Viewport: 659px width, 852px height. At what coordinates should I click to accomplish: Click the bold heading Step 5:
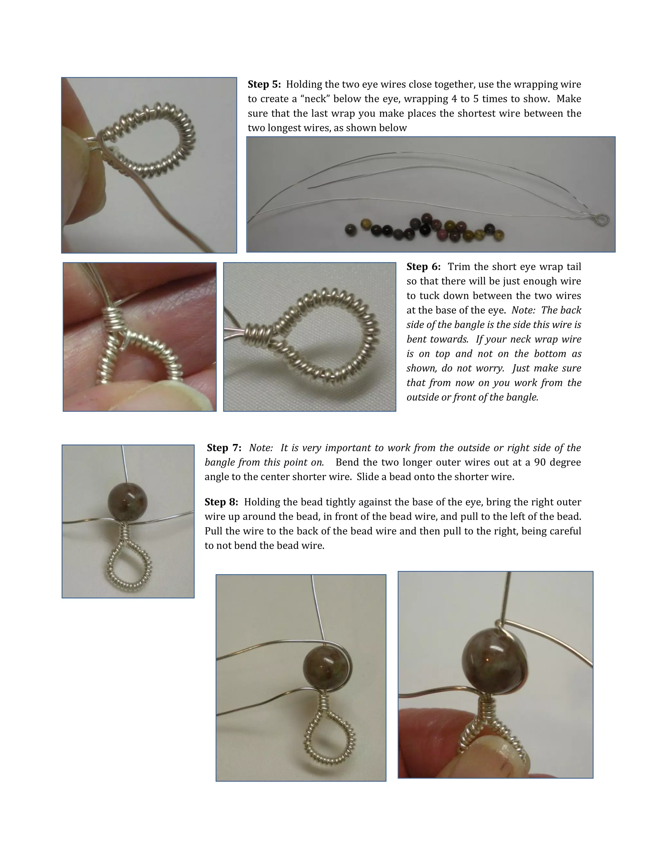264,84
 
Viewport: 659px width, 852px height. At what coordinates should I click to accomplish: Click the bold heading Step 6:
423,267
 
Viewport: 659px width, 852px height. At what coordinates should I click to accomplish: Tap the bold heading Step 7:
224,448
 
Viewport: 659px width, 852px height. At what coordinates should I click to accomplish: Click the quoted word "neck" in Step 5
315,99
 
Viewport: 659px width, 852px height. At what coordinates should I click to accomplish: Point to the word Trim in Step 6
458,267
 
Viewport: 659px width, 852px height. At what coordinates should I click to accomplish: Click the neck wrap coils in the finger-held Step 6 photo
115,318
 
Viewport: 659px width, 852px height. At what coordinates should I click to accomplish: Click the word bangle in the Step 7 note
218,462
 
